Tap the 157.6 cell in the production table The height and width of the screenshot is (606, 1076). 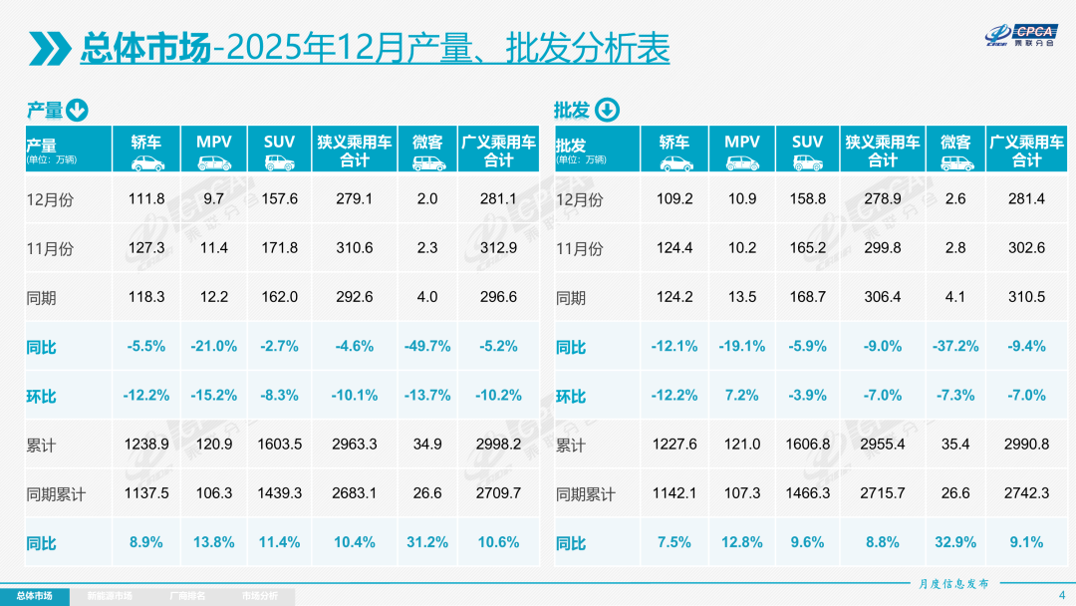(279, 198)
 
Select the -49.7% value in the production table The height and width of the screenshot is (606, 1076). (427, 346)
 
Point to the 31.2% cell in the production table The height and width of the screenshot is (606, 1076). (427, 542)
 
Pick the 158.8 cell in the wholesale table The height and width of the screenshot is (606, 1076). (807, 198)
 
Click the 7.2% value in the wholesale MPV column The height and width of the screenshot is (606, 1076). (742, 395)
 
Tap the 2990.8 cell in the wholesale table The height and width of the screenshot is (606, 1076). (1027, 445)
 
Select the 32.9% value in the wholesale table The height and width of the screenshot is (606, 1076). (955, 542)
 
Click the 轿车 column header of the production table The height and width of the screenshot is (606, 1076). (146, 150)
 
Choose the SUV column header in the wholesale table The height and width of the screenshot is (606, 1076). (807, 150)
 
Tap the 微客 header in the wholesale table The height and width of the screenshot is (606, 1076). (955, 150)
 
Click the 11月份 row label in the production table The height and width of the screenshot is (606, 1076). (49, 248)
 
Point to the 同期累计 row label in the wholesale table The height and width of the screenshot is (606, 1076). (585, 494)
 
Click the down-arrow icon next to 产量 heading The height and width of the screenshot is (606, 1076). (78, 110)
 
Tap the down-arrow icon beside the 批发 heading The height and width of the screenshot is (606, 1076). (607, 110)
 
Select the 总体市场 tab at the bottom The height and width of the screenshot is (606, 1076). (34, 596)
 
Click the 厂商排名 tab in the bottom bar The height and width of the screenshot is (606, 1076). (186, 596)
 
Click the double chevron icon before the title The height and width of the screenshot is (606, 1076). (50, 47)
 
